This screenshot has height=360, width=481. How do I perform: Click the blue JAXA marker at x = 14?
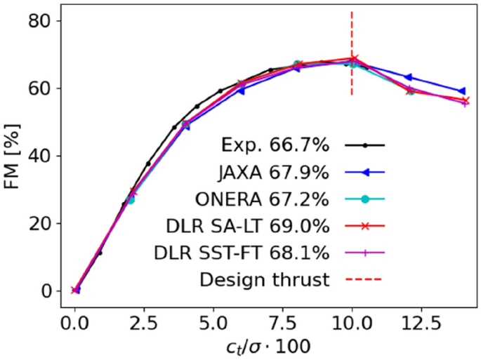coord(461,91)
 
